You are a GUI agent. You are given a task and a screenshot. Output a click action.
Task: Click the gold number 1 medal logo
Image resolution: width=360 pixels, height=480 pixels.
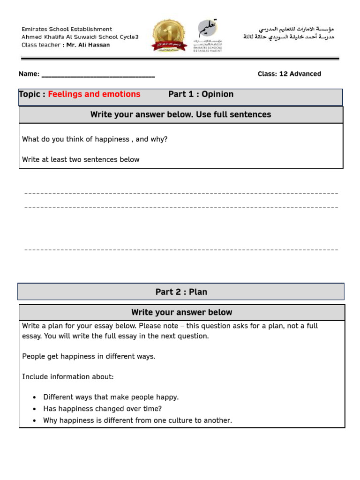pos(169,35)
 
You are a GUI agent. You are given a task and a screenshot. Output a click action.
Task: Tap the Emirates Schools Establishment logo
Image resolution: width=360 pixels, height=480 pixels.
pos(208,36)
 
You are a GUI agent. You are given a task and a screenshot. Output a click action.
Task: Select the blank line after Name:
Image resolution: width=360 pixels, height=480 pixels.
pos(98,75)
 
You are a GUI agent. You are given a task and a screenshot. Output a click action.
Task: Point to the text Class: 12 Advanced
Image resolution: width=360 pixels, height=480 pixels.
pos(289,74)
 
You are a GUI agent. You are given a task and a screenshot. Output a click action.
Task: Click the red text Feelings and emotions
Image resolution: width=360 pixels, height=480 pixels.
pos(94,94)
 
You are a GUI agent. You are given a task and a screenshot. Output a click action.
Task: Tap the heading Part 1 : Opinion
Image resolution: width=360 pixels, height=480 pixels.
pos(201,94)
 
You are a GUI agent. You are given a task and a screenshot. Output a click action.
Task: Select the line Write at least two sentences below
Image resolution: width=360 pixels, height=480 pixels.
pos(81,159)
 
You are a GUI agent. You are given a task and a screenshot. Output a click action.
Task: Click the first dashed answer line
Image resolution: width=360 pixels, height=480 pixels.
pos(181,193)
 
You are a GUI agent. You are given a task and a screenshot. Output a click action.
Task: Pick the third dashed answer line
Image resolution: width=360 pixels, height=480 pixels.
pos(181,249)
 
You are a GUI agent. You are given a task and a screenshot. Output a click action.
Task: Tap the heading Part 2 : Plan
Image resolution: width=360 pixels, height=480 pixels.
pos(181,292)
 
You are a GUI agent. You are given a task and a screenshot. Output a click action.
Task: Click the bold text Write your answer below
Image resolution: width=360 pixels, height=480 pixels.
pos(181,312)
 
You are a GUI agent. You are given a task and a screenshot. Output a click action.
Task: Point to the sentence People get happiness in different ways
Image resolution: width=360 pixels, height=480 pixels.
pos(89,356)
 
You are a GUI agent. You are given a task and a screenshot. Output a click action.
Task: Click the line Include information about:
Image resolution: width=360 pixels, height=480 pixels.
pos(68,376)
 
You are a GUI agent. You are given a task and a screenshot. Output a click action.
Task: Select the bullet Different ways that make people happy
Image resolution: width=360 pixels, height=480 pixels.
pos(111,397)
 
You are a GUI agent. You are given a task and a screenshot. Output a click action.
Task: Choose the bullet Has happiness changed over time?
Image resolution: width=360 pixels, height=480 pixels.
pos(102,409)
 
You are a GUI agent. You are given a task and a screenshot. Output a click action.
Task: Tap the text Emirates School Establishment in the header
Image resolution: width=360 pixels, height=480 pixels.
pos(67,29)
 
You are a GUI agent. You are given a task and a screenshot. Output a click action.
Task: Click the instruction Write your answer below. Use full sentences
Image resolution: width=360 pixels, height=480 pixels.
pos(180,114)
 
